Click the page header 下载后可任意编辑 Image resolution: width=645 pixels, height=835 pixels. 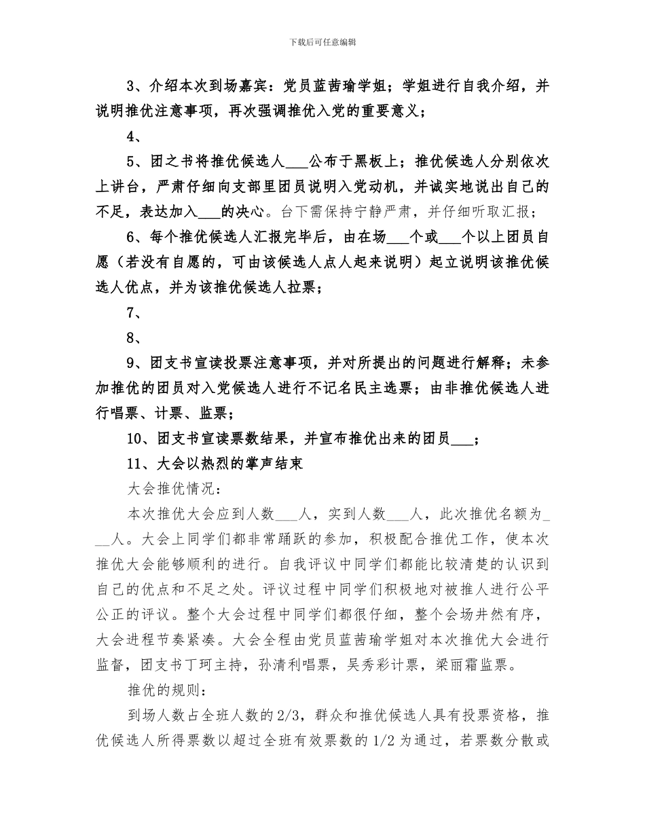322,42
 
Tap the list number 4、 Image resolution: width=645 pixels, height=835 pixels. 134,136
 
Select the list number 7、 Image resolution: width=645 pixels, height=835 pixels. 134,313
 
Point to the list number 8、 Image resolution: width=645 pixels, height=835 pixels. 134,338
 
